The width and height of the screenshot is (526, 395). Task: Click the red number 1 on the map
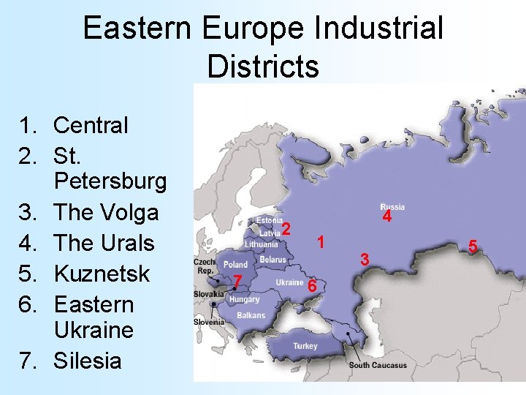coord(319,242)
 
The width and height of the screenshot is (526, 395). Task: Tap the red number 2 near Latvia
coord(287,229)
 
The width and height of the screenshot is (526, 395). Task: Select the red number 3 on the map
coord(366,259)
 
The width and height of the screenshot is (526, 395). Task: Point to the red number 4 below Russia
coord(387,217)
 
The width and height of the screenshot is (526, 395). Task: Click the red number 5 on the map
coord(473,247)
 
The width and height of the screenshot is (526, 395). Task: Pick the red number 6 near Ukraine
coord(311,286)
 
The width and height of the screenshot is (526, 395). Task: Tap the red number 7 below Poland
coord(237,282)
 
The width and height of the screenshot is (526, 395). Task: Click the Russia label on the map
coord(392,207)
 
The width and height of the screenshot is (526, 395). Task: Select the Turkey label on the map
coord(305,345)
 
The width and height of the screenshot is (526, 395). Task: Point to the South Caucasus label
coord(378,365)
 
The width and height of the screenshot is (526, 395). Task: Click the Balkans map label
coord(251,316)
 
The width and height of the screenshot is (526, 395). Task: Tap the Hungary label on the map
coord(244,300)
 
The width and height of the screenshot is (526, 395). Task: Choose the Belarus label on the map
coord(272,260)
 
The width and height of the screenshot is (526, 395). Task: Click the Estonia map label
coord(269,220)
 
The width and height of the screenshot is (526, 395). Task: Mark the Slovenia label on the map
coord(209,322)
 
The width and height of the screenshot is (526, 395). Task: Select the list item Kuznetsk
coord(102,274)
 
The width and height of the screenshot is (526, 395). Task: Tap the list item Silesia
coord(88,361)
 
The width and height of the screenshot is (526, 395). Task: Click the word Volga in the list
coord(131,212)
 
